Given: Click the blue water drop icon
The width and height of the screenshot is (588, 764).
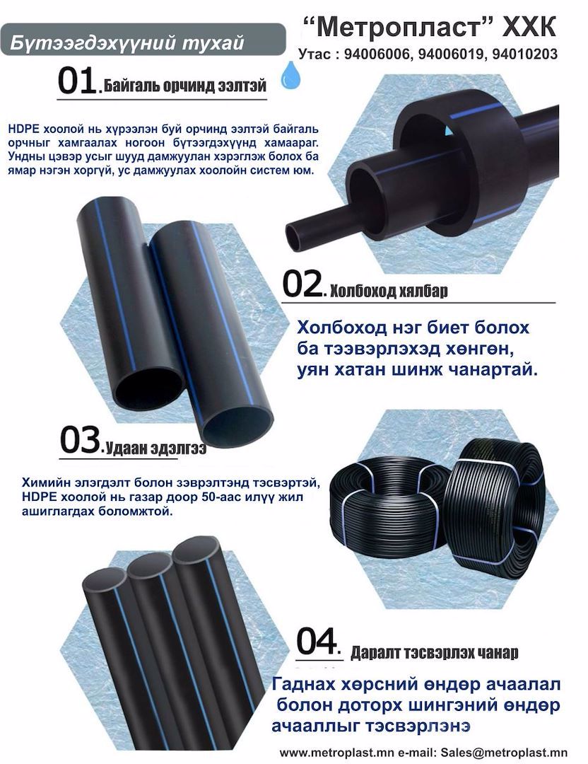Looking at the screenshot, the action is (x=291, y=75).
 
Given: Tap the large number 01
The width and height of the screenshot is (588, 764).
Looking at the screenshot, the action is (x=76, y=81).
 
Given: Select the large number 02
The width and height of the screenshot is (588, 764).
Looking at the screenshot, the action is (x=302, y=284).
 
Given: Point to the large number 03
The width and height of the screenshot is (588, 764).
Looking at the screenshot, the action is (x=80, y=441).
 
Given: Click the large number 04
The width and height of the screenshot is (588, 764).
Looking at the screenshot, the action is (x=317, y=642).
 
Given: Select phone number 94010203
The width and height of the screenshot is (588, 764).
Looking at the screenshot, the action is (x=524, y=54).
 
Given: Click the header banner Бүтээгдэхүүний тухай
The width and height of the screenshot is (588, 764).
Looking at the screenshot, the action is (x=127, y=43).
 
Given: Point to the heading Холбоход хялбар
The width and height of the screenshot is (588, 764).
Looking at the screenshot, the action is (x=389, y=291).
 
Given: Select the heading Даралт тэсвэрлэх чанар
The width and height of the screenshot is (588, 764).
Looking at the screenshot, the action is (x=434, y=652).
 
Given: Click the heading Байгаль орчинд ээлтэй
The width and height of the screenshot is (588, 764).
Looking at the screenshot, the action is (x=185, y=86).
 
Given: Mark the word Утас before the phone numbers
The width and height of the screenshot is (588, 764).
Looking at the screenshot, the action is (x=314, y=54).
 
